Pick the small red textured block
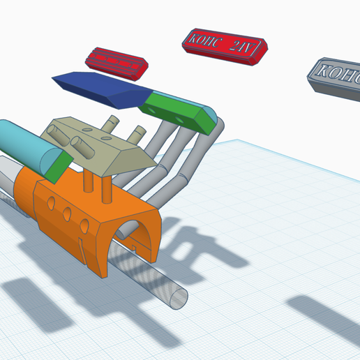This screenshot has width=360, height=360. coord(117,63)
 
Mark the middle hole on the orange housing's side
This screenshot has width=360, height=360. coord(67,213)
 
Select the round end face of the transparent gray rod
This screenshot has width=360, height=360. coord(177,298)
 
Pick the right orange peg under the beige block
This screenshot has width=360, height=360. coord(107,189)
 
